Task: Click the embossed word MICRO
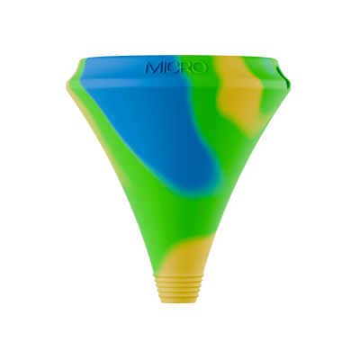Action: coord(175,67)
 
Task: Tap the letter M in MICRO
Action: coord(152,67)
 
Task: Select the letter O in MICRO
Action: coord(200,67)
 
